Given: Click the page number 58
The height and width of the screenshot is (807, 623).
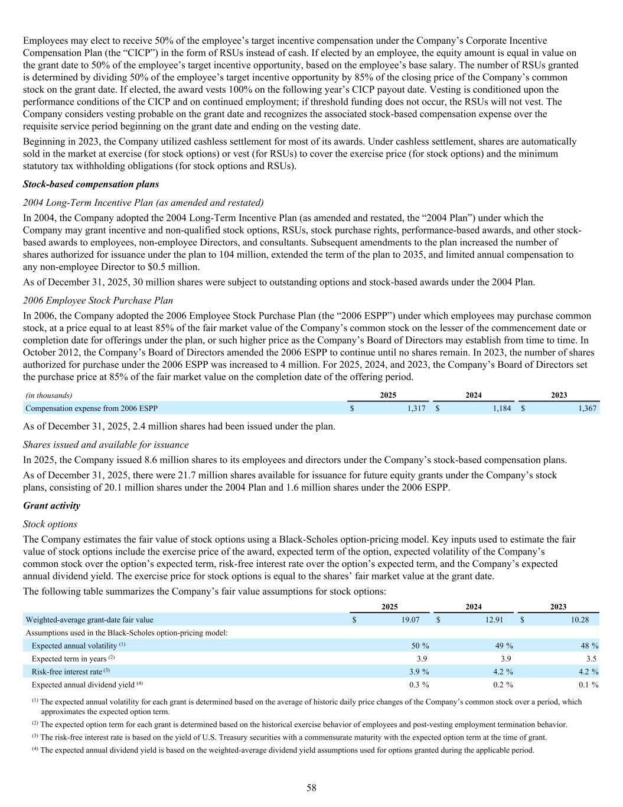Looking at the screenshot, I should click(311, 787).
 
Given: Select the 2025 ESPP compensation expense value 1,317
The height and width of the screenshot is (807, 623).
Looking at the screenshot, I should click(416, 408).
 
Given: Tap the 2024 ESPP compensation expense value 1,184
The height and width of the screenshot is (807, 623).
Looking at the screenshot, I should click(501, 408).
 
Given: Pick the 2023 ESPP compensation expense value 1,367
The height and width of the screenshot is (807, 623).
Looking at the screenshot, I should click(587, 408).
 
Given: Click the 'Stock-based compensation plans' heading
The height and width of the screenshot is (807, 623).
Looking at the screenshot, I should click(91, 184).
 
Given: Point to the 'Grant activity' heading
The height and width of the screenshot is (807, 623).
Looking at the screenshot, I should click(51, 505).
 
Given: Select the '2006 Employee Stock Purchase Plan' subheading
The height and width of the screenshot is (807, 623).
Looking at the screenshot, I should click(98, 300).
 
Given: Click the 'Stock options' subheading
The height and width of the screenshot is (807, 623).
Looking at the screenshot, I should click(50, 524).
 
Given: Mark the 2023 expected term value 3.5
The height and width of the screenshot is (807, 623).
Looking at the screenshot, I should click(592, 659).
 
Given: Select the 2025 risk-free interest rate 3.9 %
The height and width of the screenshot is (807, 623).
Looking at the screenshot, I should click(419, 672).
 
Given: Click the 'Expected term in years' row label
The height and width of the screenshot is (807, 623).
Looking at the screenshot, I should click(69, 659).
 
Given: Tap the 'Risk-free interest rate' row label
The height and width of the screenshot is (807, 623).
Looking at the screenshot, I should click(67, 672).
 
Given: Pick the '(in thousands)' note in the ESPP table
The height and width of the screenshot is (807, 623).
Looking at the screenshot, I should click(48, 396).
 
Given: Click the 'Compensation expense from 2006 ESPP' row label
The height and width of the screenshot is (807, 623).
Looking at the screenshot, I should click(92, 408).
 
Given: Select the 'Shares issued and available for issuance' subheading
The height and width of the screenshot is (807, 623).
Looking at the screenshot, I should click(106, 445).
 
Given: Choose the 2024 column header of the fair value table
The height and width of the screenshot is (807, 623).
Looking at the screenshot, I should click(474, 607).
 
